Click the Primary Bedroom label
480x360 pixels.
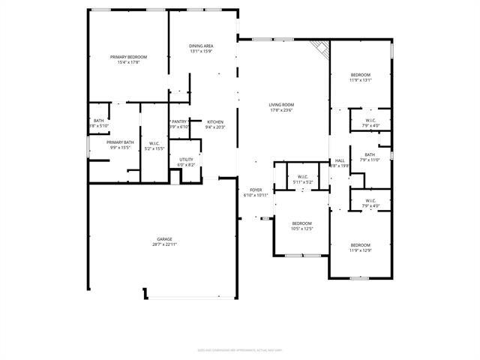(x=128, y=57)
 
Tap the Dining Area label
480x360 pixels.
(x=201, y=46)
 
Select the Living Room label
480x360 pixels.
(x=282, y=105)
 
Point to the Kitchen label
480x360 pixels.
(x=215, y=121)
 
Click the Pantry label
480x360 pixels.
(x=179, y=121)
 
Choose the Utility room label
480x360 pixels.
(x=186, y=159)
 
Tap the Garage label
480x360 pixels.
(x=164, y=239)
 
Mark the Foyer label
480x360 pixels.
(x=256, y=190)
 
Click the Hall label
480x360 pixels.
(x=340, y=160)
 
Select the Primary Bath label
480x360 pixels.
(x=120, y=142)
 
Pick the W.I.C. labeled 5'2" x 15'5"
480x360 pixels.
(x=154, y=143)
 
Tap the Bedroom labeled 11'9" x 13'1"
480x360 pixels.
(x=361, y=75)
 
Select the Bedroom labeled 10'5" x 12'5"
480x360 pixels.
(x=301, y=223)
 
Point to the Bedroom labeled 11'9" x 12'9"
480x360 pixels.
(x=361, y=245)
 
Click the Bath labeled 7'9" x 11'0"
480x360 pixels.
(x=370, y=154)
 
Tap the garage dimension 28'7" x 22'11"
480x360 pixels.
(x=164, y=244)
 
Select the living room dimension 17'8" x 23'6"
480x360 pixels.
(x=282, y=110)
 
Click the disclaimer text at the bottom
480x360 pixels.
(x=239, y=349)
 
